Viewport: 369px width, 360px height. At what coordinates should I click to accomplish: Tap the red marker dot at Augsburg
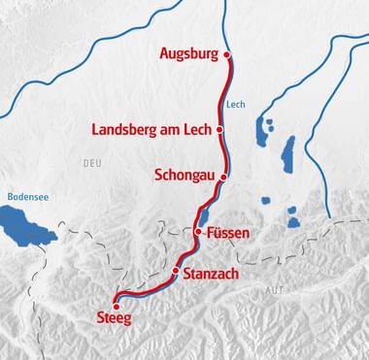coord(226,54)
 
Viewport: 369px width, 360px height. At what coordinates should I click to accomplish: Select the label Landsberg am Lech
coord(151,129)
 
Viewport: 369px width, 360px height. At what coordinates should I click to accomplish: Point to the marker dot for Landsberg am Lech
coord(219,129)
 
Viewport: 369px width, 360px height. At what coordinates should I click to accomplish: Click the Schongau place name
coord(185,177)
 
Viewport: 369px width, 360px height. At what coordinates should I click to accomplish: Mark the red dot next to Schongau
coord(223,178)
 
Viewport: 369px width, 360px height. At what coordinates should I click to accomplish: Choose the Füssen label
coord(228,234)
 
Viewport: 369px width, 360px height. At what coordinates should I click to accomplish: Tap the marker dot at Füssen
coord(198,233)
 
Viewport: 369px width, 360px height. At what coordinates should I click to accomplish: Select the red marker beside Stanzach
coord(176,273)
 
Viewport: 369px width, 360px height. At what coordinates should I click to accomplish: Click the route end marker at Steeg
coord(117,306)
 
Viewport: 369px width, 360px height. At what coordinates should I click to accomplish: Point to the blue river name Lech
coord(232,106)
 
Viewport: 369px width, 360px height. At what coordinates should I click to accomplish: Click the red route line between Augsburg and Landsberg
coord(227,92)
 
